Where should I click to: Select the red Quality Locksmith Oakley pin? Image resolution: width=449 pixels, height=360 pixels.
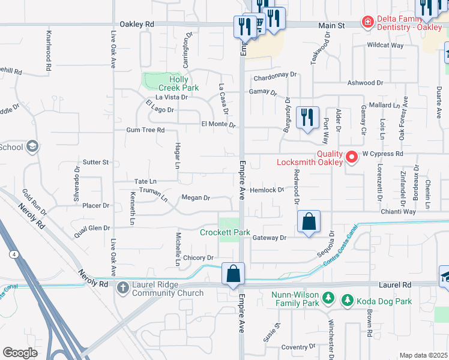[351, 157]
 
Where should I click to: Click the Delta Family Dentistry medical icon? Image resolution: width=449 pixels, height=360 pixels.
[367, 22]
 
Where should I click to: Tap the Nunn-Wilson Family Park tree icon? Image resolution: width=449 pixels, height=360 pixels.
[328, 297]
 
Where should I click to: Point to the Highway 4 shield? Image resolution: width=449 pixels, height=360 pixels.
[13, 255]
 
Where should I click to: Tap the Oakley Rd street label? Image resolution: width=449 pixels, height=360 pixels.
[137, 25]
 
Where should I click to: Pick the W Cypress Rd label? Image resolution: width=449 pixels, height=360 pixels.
[382, 154]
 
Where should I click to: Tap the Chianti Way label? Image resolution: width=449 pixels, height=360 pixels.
[398, 212]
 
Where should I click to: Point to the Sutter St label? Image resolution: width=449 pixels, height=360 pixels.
[95, 162]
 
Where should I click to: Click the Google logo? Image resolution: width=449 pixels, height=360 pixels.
[20, 353]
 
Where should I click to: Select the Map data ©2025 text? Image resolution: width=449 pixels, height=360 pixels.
[423, 355]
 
